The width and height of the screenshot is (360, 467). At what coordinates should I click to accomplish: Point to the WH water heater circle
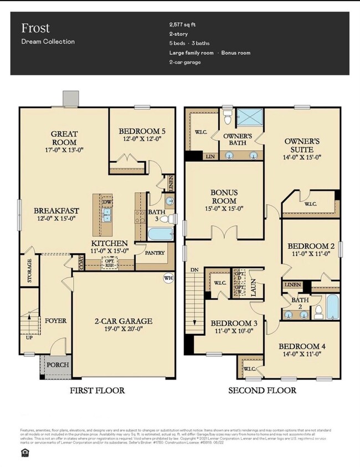click(168, 279)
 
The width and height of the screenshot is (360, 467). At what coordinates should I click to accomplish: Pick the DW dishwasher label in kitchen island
click(106, 202)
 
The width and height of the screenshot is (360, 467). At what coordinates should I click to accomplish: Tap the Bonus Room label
click(224, 197)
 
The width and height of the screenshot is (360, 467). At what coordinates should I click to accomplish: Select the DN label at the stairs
click(194, 270)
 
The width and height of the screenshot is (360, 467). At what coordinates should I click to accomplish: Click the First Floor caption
click(97, 391)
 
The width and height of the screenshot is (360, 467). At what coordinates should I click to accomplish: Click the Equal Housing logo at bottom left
click(14, 453)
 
